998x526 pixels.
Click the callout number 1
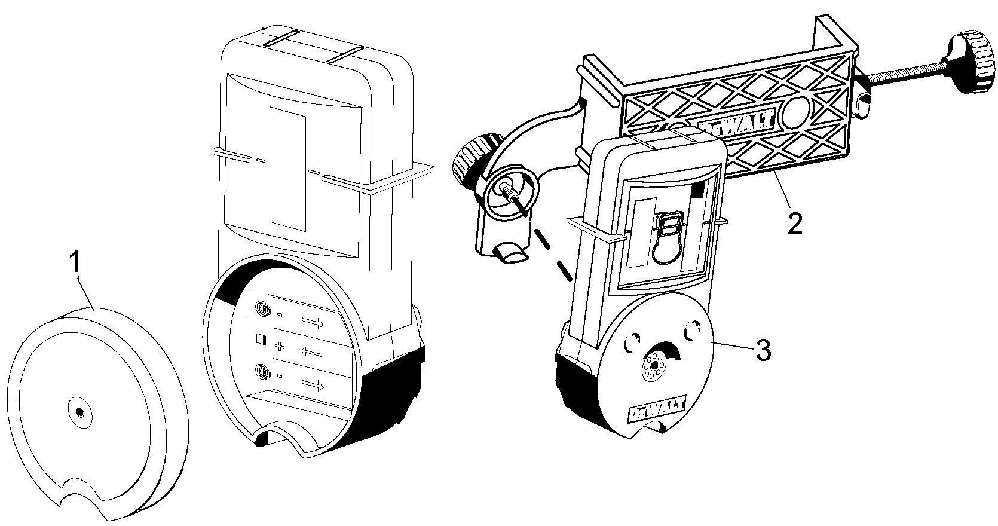point(75,263)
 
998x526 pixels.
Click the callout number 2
point(794,223)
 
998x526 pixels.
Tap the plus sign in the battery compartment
point(280,347)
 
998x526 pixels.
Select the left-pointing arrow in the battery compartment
point(311,352)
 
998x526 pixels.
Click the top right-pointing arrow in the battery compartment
point(312,323)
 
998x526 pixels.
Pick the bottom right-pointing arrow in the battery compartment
point(312,386)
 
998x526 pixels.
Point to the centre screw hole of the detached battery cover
point(79,412)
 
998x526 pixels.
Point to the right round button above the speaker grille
point(692,328)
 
